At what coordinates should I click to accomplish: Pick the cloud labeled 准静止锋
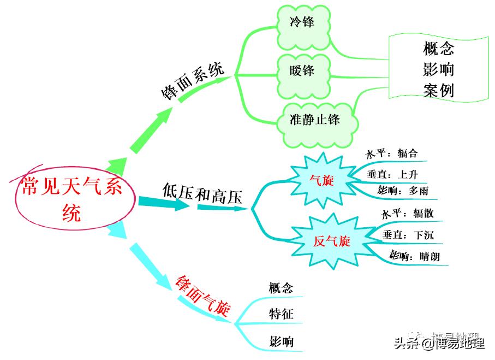(315, 119)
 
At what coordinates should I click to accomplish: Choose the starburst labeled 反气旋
(331, 241)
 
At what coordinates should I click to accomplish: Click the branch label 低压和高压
(202, 193)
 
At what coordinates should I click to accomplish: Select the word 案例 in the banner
(438, 90)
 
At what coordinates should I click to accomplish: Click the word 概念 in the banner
(438, 49)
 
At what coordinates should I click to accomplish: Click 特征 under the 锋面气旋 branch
(281, 314)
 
